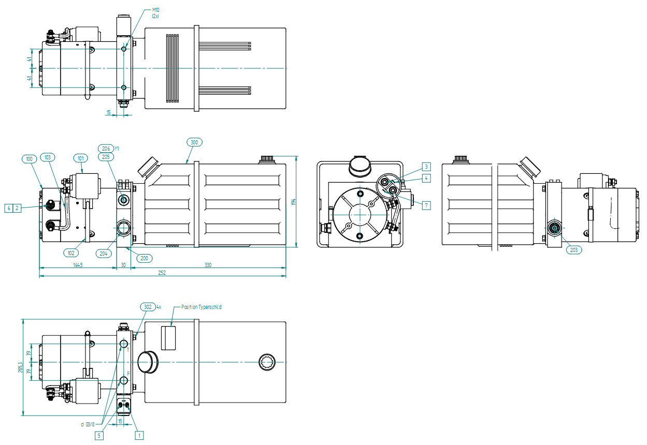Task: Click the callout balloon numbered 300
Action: click(194, 141)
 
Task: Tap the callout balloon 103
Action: click(48, 157)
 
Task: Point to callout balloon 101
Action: click(81, 158)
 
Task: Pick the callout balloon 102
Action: click(71, 253)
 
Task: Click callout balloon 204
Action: click(104, 253)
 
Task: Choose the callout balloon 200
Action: click(144, 258)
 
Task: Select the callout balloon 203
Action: click(573, 249)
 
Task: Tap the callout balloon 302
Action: click(148, 307)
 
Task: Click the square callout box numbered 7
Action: click(426, 205)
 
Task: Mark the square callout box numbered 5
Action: click(98, 435)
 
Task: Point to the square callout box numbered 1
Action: click(138, 435)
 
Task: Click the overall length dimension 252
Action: click(162, 273)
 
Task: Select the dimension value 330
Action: click(208, 265)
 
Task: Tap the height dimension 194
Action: click(293, 202)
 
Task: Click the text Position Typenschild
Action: click(201, 307)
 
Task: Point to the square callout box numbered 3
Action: click(426, 167)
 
